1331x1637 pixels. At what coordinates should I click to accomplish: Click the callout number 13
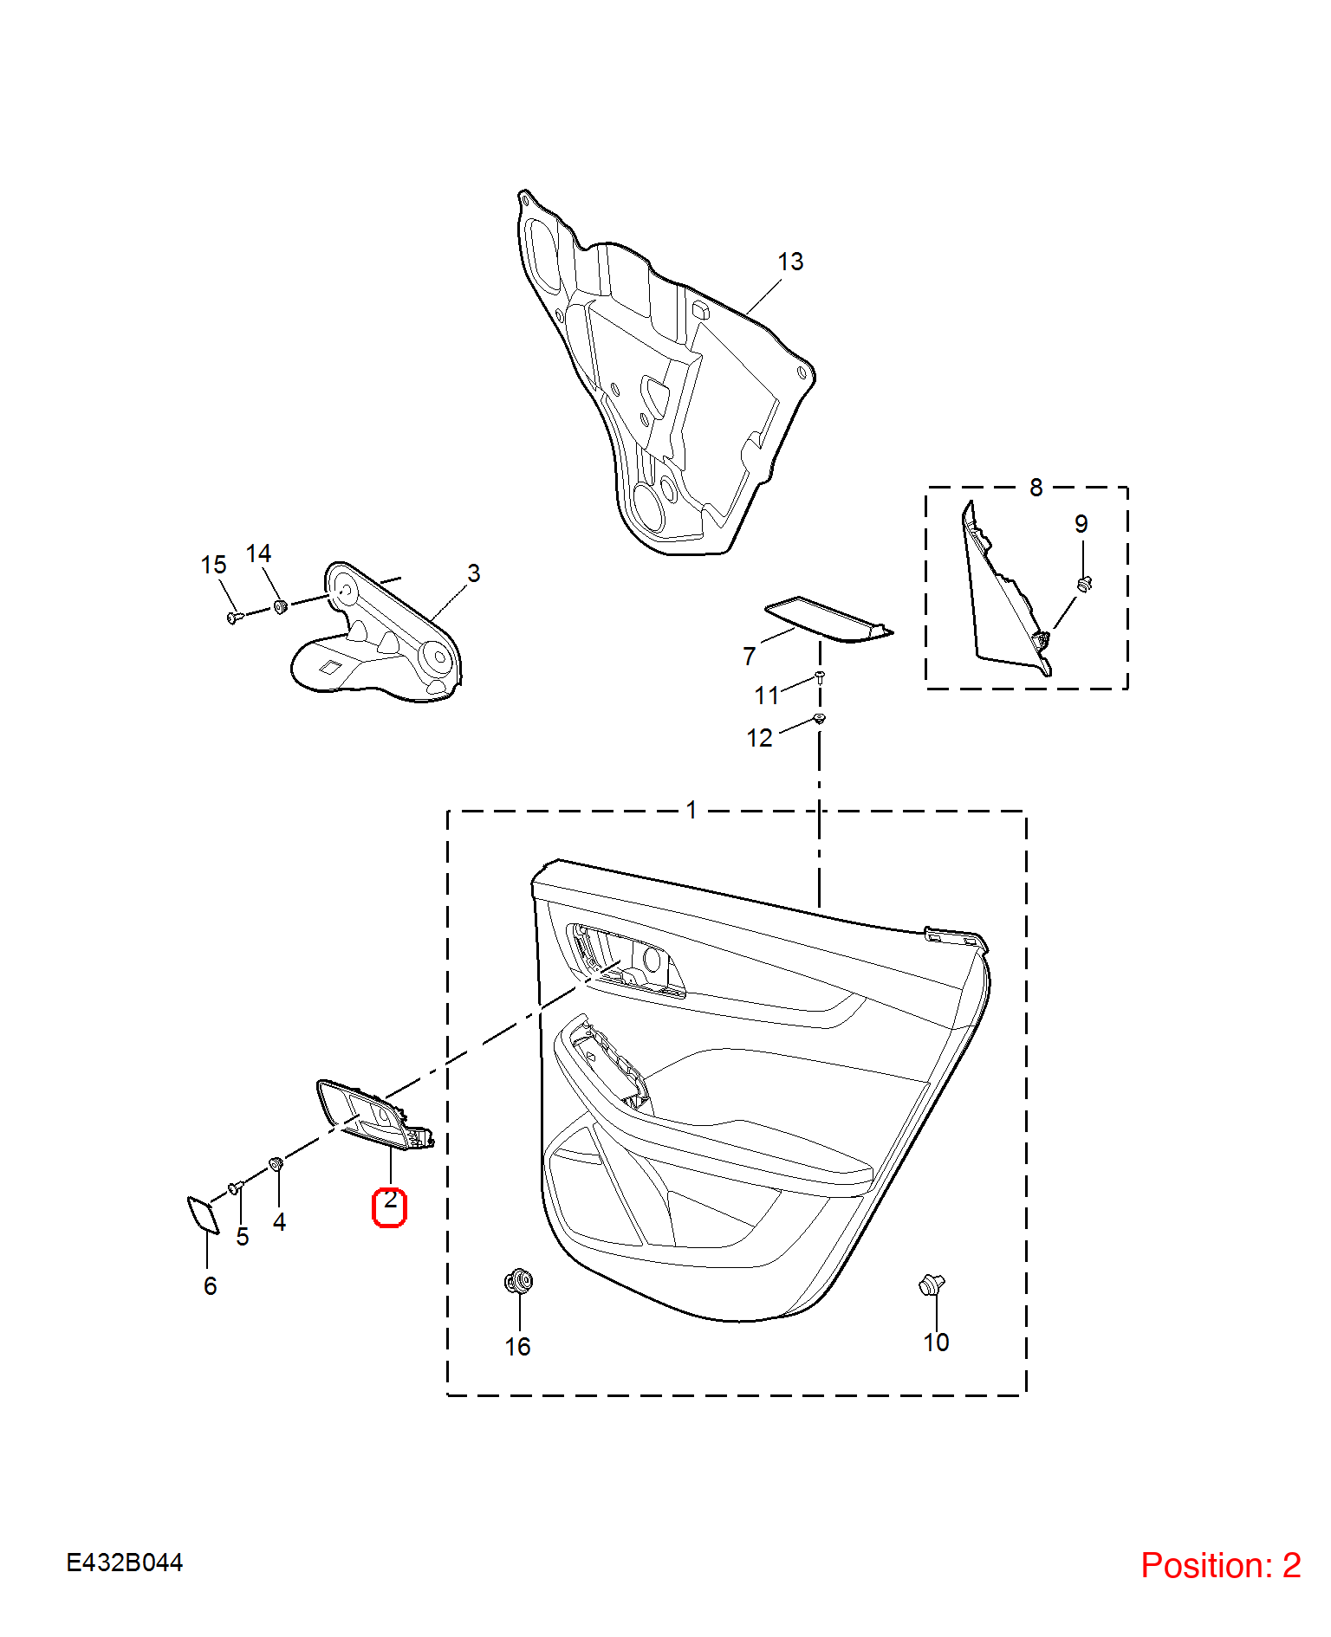click(790, 262)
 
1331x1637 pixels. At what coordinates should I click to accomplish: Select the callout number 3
click(473, 573)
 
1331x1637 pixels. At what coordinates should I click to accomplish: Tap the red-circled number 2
click(390, 1200)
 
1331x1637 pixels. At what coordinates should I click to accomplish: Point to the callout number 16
click(517, 1347)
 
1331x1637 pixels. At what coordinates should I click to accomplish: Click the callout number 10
click(936, 1343)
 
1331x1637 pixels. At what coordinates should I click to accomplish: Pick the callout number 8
click(1036, 488)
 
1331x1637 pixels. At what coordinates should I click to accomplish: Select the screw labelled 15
click(235, 618)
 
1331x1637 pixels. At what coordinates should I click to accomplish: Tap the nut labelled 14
click(280, 605)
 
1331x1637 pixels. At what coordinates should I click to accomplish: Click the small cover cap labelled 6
click(204, 1214)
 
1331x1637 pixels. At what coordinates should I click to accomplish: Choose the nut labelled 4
click(276, 1163)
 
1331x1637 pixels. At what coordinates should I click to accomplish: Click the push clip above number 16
click(518, 1281)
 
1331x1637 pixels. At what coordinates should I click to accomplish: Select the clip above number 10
click(932, 1284)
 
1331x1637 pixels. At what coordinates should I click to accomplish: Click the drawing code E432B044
click(125, 1563)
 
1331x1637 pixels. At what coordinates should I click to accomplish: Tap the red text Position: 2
click(1221, 1565)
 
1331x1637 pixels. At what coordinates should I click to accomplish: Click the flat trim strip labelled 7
click(828, 619)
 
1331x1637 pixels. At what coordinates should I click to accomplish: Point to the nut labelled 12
click(820, 718)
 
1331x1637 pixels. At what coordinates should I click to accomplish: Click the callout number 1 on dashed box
click(691, 810)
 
